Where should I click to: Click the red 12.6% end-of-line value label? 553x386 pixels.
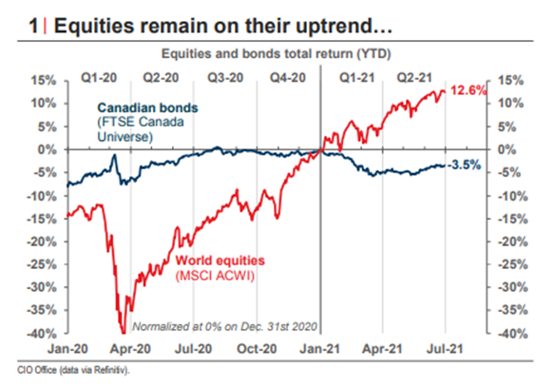coord(467,91)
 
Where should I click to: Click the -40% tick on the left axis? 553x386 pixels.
coord(37,334)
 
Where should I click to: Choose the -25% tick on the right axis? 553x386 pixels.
coord(513,264)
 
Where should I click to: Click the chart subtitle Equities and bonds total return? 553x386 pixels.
coord(276,51)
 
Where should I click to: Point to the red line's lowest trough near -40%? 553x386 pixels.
coord(122,329)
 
